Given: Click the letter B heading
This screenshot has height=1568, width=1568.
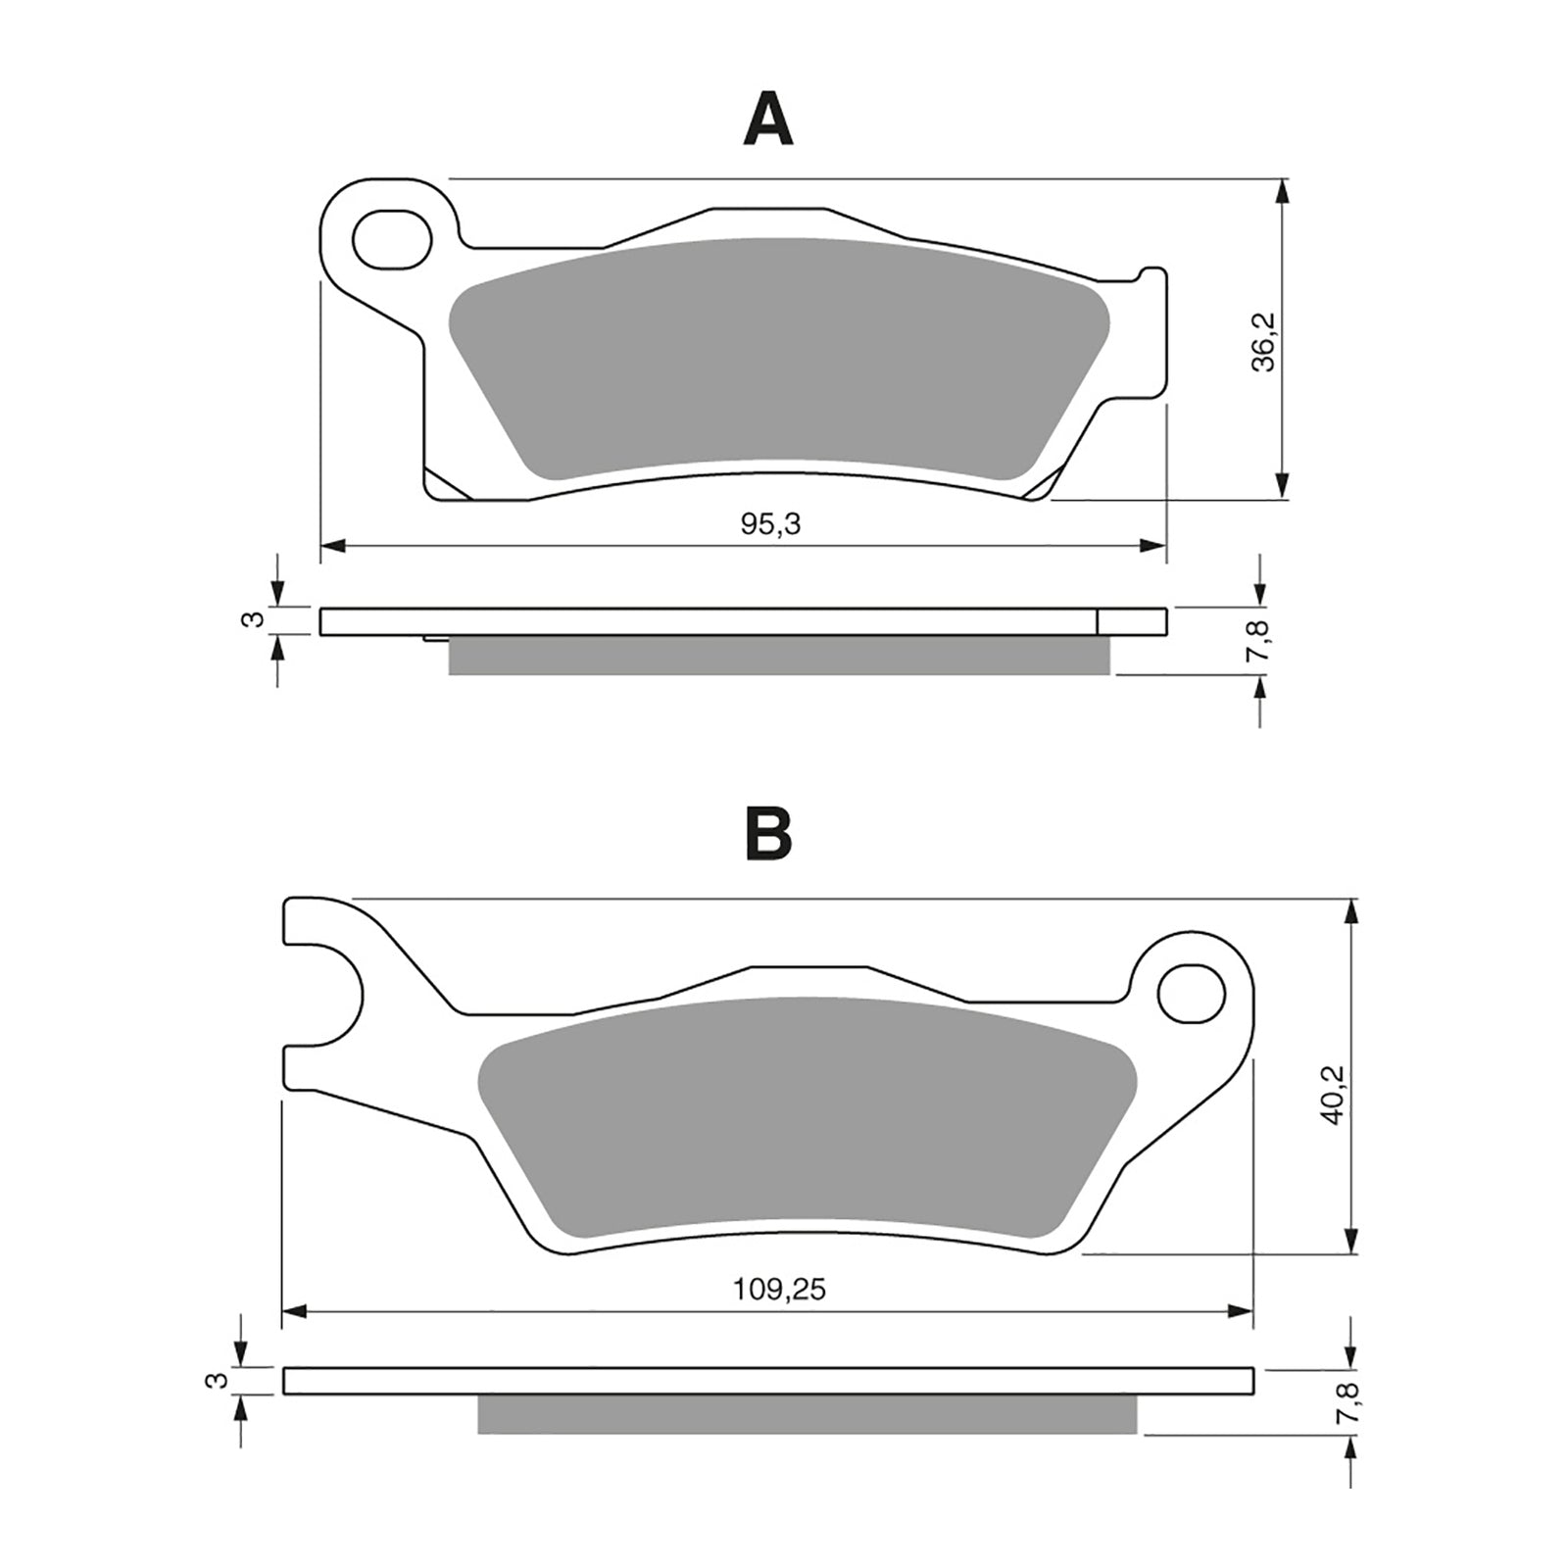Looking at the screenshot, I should coord(768,835).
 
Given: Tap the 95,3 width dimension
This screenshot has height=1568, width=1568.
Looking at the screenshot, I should coord(770,525).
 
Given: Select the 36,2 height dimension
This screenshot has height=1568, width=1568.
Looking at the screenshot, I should coord(1265,342).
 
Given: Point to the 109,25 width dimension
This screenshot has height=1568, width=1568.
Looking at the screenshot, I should coord(780,1290).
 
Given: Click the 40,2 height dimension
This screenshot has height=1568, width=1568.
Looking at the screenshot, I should coord(1333,1095).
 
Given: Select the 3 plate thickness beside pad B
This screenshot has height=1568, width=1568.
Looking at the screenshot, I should coord(221,1380).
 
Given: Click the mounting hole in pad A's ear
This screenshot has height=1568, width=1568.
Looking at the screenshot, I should coord(391,239).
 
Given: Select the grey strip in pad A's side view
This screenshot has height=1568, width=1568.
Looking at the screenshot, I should coord(779,656).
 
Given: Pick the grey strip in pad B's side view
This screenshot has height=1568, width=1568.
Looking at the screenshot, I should coord(807,1414).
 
